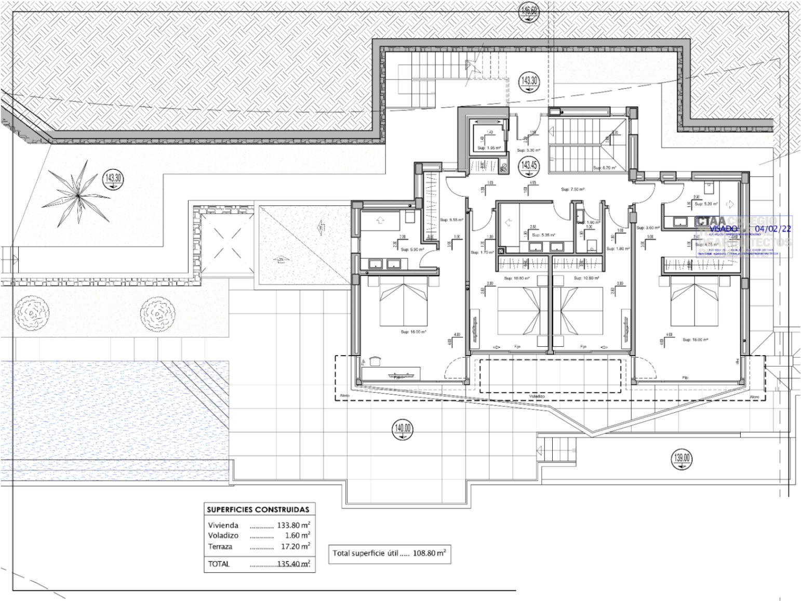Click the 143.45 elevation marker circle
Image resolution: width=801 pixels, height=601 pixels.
pyautogui.click(x=529, y=166)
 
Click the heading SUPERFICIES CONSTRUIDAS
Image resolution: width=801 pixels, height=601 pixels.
pyautogui.click(x=258, y=509)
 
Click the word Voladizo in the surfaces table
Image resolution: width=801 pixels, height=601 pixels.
pyautogui.click(x=223, y=535)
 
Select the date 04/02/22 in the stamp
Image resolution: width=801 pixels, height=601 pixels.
pyautogui.click(x=773, y=229)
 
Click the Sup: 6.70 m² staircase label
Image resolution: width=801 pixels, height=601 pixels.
pyautogui.click(x=605, y=168)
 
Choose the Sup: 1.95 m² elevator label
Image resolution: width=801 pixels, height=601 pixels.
pyautogui.click(x=489, y=148)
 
